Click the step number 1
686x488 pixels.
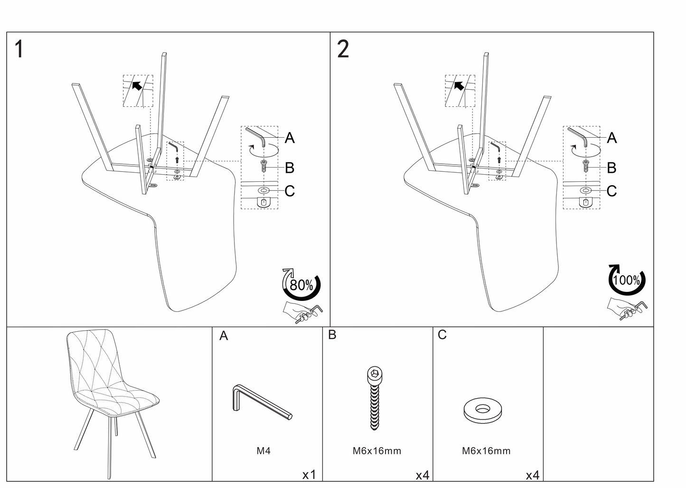pos(19,49)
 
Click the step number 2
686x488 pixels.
pos(343,49)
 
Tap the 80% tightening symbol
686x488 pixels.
pos(301,285)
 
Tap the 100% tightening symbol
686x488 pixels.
pos(627,280)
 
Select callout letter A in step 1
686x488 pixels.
pos(290,138)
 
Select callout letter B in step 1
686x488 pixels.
pos(290,168)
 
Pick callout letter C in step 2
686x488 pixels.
pos(611,191)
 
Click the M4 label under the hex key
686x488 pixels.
pos(263,451)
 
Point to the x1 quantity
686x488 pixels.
pos(309,475)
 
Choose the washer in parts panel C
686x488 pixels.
pos(483,410)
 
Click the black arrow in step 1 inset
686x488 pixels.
pos(137,85)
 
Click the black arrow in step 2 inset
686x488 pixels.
pos(459,85)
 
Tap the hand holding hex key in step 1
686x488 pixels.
pos(302,312)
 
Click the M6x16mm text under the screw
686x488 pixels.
pos(377,451)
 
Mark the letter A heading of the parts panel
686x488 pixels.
pos(224,336)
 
